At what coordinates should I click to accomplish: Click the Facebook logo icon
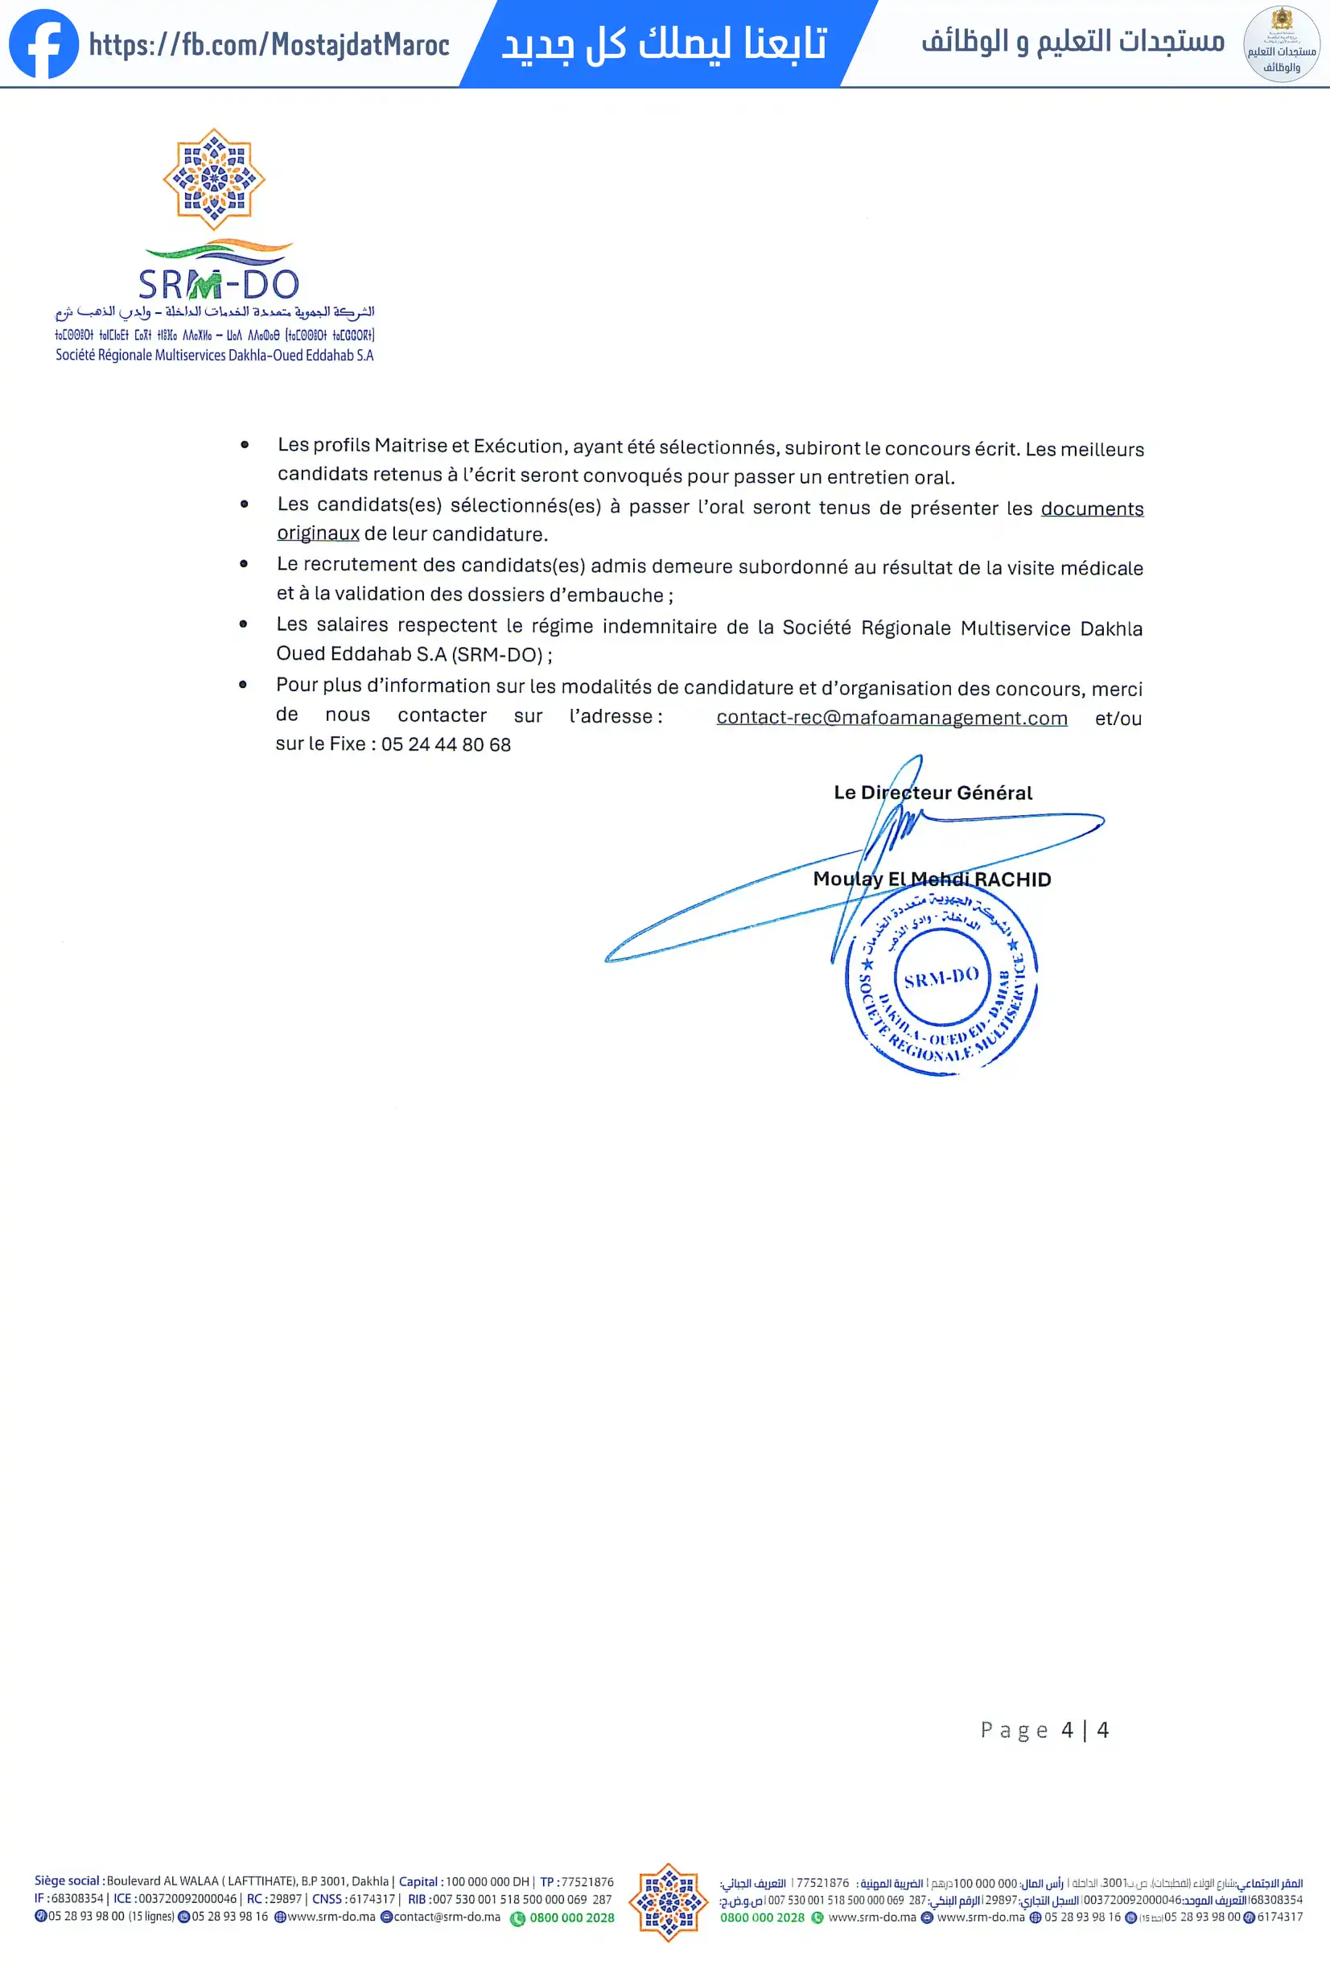[x=43, y=43]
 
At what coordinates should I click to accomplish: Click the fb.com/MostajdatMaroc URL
[x=269, y=44]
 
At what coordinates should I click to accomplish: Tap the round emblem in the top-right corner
[x=1281, y=44]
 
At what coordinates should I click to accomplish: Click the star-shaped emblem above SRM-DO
[x=214, y=179]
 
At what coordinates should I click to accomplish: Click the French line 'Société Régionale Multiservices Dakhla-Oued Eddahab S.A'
[x=214, y=355]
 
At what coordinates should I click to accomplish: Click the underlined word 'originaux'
[x=318, y=533]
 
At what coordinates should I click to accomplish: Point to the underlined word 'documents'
[x=1092, y=509]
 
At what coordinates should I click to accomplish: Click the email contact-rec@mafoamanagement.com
[x=891, y=718]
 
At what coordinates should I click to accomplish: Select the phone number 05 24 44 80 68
[x=446, y=745]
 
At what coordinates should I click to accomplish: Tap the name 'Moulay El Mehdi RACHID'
[x=932, y=879]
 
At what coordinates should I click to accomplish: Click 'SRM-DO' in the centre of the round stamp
[x=941, y=978]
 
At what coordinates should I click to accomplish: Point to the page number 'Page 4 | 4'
[x=1044, y=1729]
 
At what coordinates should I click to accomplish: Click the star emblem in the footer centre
[x=669, y=1901]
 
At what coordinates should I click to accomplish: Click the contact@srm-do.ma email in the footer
[x=447, y=1917]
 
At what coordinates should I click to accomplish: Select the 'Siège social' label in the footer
[x=67, y=1880]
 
